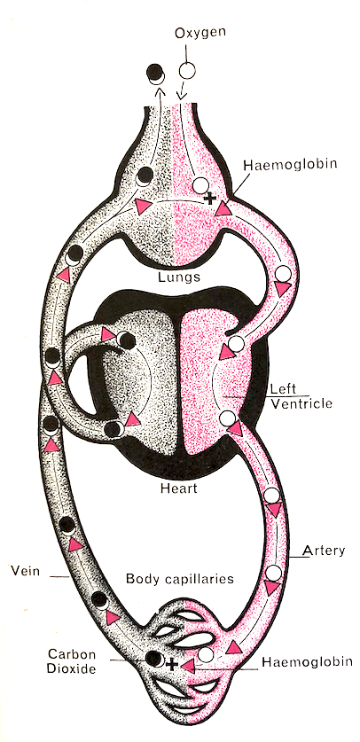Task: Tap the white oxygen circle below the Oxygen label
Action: click(x=187, y=70)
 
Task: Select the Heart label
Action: click(x=178, y=487)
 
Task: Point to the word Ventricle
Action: click(x=301, y=403)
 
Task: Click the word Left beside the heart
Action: click(x=283, y=389)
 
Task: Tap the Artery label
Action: click(x=324, y=551)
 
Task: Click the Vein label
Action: click(x=25, y=570)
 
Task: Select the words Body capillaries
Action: click(x=180, y=579)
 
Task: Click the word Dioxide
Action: click(x=73, y=669)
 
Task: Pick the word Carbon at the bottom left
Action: click(x=73, y=654)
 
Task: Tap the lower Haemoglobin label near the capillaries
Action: click(x=307, y=661)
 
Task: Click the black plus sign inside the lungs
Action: click(x=208, y=199)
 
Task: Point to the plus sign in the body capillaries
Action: click(x=172, y=663)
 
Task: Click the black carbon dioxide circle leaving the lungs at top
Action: click(x=154, y=72)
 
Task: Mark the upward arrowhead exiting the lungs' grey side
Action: click(x=160, y=90)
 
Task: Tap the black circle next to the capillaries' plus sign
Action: click(x=153, y=658)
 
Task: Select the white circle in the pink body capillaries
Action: click(x=206, y=655)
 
